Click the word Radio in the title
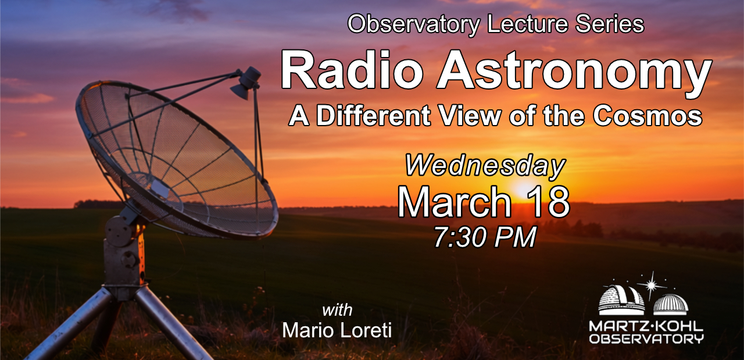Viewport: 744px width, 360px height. tap(352, 70)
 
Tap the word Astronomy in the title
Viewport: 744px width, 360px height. tap(574, 73)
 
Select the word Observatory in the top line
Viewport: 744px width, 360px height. tap(413, 24)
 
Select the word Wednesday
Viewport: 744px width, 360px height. tap(485, 166)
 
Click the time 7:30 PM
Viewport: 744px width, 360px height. tap(485, 237)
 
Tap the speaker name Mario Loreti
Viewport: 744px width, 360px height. tap(337, 330)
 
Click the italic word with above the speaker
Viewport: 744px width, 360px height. tap(337, 310)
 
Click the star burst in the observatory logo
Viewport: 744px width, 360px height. tap(652, 285)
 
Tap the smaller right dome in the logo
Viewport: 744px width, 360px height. tap(671, 305)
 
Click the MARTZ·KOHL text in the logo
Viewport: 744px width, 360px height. tap(646, 326)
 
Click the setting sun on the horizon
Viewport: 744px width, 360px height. tap(525, 189)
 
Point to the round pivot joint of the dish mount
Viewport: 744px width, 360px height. tap(119, 230)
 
